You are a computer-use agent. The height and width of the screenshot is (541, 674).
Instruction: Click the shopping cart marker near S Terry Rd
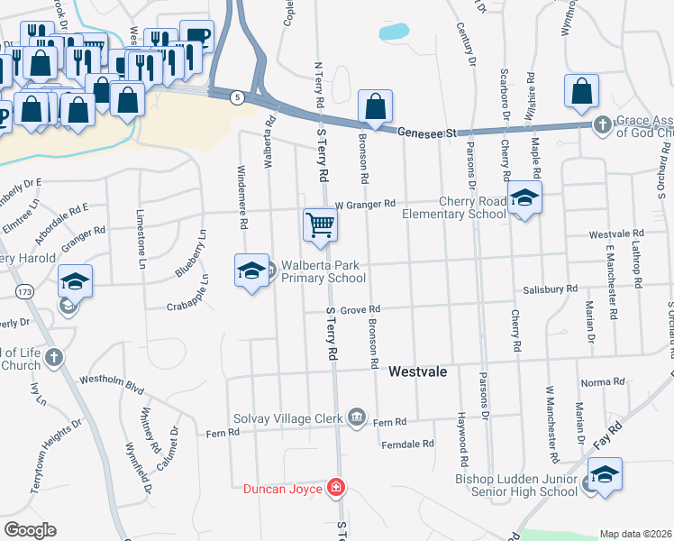320,225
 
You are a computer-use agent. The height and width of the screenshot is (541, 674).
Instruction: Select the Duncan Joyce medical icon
336,488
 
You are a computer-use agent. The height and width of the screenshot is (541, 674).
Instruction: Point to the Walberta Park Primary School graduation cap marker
252,270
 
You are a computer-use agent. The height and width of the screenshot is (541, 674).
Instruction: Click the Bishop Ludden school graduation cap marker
605,474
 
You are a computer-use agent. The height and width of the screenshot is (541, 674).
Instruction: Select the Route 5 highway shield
237,98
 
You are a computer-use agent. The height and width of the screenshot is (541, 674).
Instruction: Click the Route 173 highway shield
24,292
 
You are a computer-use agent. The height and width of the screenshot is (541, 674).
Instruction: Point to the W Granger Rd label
365,205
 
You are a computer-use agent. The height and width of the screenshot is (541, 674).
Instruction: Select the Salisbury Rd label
550,289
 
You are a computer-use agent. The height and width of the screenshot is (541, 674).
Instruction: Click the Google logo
30,530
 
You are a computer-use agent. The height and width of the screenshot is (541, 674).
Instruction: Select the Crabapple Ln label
187,305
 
